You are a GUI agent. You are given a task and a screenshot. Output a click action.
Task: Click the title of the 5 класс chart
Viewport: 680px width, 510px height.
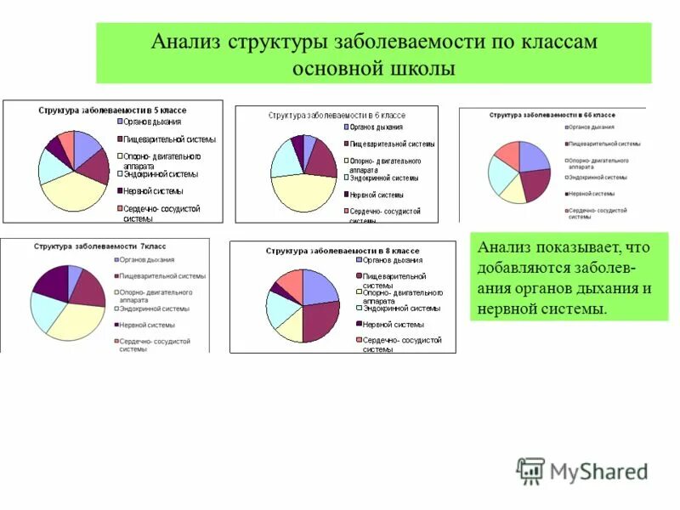(112, 110)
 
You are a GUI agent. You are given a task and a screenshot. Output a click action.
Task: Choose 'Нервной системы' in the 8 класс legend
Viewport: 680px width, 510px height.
(393, 324)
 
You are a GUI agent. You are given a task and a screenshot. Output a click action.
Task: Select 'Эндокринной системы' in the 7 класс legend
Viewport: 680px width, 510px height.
(154, 309)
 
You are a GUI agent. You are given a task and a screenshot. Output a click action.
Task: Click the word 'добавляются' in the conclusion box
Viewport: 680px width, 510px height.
(518, 268)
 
